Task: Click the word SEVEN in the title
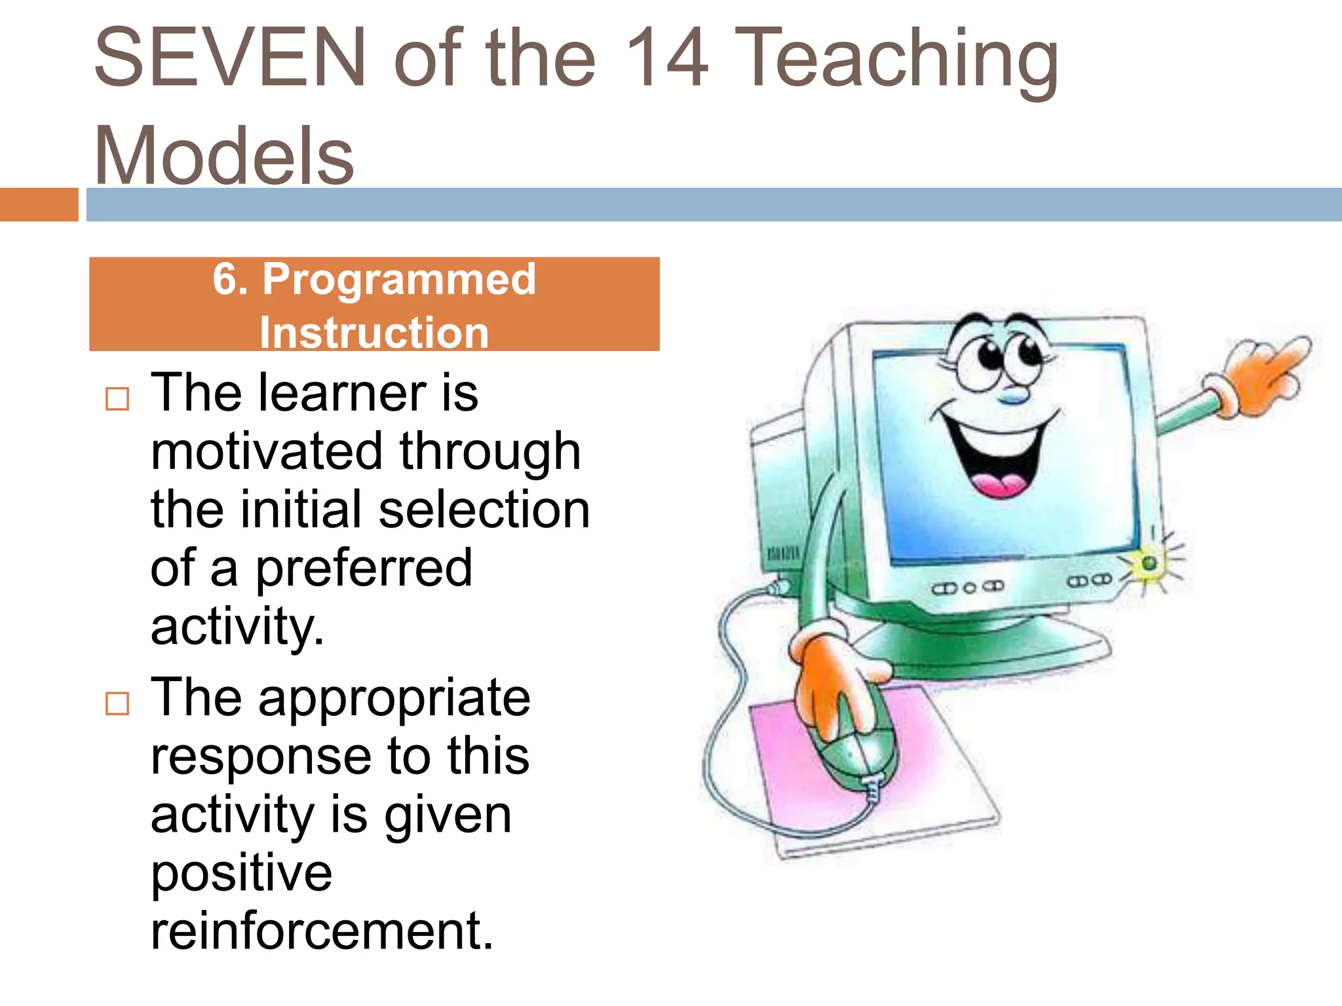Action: pyautogui.click(x=229, y=58)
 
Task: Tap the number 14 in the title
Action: pyautogui.click(x=666, y=58)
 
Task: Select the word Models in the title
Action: pyautogui.click(x=223, y=156)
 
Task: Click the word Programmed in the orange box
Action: pyautogui.click(x=399, y=280)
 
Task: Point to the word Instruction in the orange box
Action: pyautogui.click(x=374, y=333)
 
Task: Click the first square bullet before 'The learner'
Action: pyautogui.click(x=117, y=398)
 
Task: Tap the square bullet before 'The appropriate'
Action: pyautogui.click(x=117, y=703)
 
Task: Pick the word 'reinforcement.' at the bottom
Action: pyautogui.click(x=322, y=931)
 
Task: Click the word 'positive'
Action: pyautogui.click(x=241, y=873)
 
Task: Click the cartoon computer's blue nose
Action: pyautogui.click(x=1014, y=396)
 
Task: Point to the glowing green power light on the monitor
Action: pyautogui.click(x=1149, y=563)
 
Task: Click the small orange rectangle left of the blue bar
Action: pyautogui.click(x=39, y=204)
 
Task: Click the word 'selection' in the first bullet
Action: pyautogui.click(x=484, y=510)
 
